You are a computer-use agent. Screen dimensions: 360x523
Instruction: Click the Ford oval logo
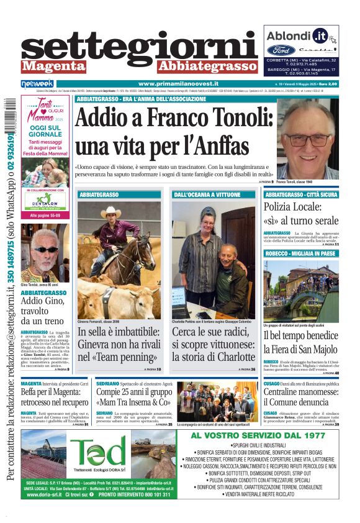tap(281, 50)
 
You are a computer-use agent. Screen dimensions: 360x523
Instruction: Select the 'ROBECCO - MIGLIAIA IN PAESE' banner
tap(301, 253)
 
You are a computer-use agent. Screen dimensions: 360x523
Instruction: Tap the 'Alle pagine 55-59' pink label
tap(45, 215)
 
